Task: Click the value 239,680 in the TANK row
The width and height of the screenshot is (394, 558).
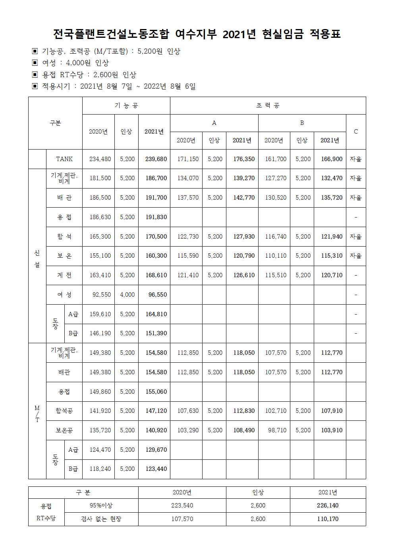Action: click(156, 159)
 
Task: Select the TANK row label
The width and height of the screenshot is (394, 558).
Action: click(64, 159)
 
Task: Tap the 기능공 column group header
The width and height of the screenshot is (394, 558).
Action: click(126, 106)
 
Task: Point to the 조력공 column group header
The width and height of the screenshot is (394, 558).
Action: click(268, 106)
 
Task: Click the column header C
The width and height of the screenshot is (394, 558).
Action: click(356, 132)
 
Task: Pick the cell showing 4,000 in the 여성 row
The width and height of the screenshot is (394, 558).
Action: click(127, 295)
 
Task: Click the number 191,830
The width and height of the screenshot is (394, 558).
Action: click(156, 217)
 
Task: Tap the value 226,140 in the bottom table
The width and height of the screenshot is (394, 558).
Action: click(328, 506)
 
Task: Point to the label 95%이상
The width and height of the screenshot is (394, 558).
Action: click(101, 506)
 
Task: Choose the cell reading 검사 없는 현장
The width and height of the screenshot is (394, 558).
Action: click(101, 519)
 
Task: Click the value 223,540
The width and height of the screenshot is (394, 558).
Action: click(182, 506)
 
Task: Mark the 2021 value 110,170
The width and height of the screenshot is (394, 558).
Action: click(328, 519)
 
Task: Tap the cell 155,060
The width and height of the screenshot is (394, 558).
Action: click(156, 392)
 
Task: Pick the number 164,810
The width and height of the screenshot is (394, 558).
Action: click(156, 314)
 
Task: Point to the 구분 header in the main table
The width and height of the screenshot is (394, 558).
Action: click(55, 123)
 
